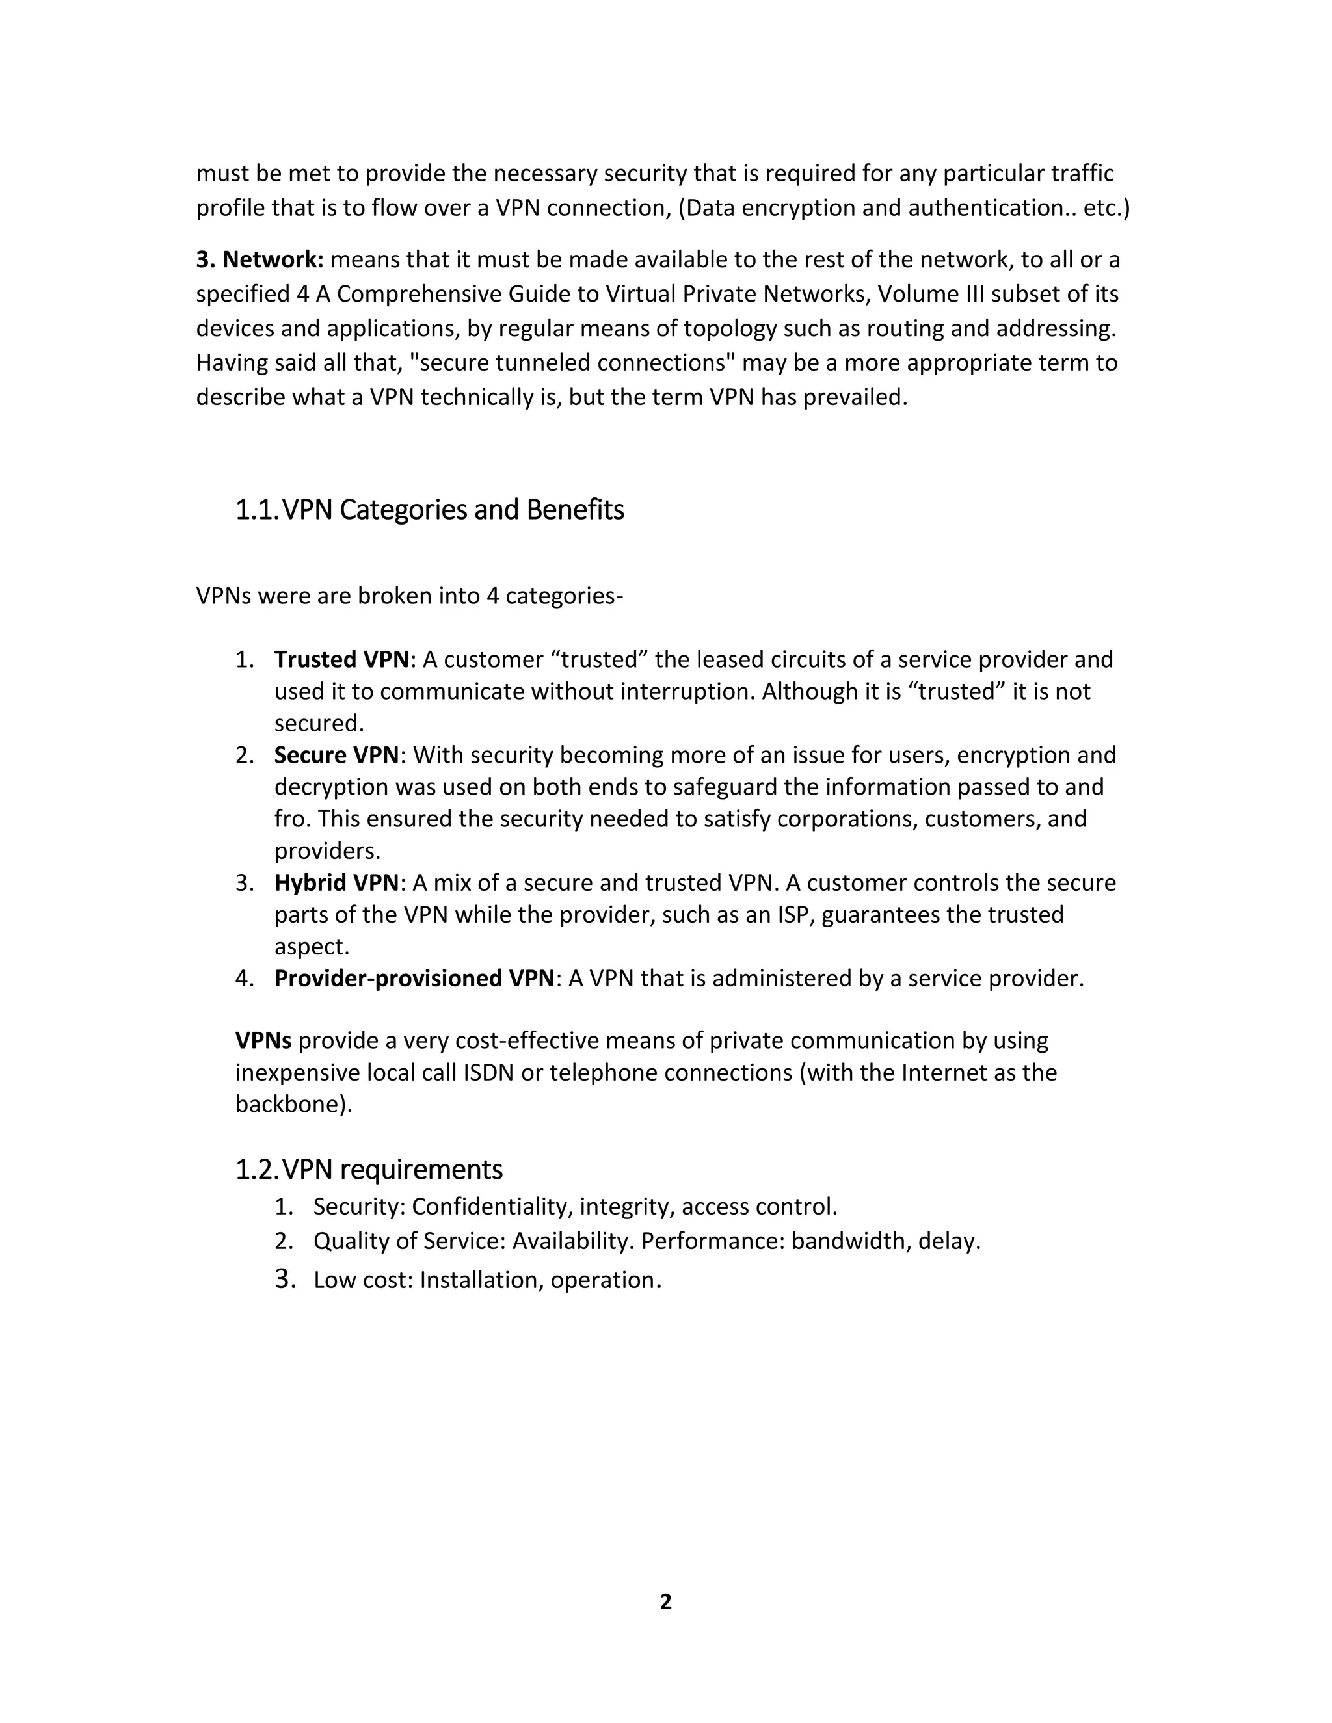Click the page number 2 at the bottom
click(x=665, y=1601)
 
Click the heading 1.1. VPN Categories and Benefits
click(x=429, y=510)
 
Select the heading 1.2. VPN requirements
click(x=369, y=1168)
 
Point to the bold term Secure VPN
click(x=337, y=755)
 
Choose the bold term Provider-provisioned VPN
click(x=414, y=979)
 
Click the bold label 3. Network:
click(x=260, y=259)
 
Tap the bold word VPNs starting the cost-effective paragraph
click(x=263, y=1040)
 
